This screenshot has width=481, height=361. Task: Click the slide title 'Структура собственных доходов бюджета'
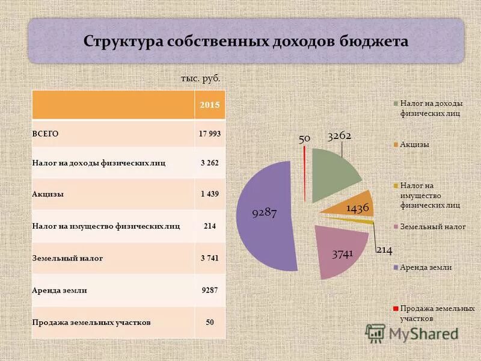point(246,42)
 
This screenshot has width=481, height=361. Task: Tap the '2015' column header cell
point(210,105)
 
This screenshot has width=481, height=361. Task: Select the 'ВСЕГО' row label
point(46,134)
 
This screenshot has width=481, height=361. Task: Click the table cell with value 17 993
point(210,134)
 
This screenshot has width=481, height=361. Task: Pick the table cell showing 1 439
point(210,194)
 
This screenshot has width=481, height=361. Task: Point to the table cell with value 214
point(210,226)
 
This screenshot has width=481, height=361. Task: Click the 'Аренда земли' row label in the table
point(60,290)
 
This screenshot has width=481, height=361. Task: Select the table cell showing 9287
point(210,290)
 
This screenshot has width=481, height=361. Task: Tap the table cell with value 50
point(210,322)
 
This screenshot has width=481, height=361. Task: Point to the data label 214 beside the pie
point(384,249)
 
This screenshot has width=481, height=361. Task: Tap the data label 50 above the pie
point(304,138)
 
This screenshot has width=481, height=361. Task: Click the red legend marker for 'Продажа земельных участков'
point(396,308)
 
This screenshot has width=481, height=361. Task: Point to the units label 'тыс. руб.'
point(200,78)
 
